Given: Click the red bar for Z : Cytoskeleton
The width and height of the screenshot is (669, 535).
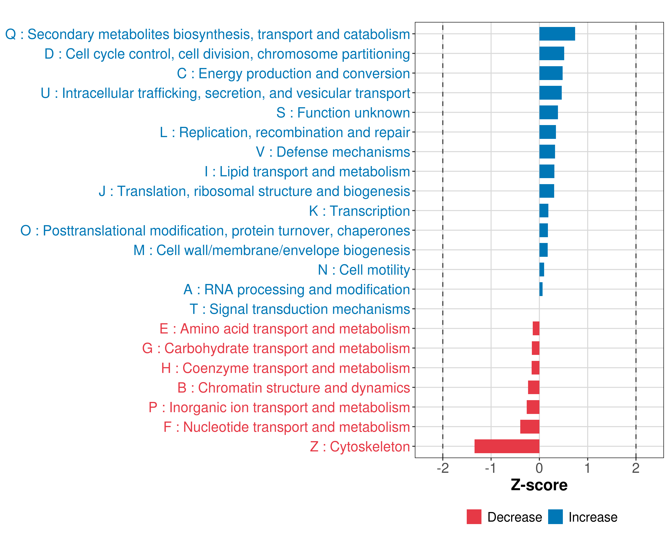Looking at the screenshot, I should pyautogui.click(x=507, y=446).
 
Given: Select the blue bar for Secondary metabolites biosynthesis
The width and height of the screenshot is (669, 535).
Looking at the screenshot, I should pyautogui.click(x=557, y=34).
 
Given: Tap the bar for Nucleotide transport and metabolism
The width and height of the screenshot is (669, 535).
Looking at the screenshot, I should pyautogui.click(x=530, y=427).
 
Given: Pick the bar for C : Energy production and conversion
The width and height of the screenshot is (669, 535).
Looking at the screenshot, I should pyautogui.click(x=551, y=73).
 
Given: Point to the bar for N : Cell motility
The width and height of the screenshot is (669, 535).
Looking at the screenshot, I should pyautogui.click(x=542, y=270).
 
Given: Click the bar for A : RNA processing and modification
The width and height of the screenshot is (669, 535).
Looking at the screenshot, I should pyautogui.click(x=541, y=289).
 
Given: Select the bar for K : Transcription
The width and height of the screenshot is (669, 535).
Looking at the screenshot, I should pyautogui.click(x=544, y=211).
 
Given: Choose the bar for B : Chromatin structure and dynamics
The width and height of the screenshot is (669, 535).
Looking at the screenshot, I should pyautogui.click(x=534, y=387).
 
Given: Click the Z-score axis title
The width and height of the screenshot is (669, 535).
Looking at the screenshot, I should pyautogui.click(x=539, y=485).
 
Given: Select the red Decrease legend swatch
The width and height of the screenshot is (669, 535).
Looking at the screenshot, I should pyautogui.click(x=474, y=517).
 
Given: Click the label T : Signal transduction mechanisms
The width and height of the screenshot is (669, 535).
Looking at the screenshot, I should pyautogui.click(x=300, y=309).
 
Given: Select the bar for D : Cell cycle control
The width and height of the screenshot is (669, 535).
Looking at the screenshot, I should pyautogui.click(x=552, y=53).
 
